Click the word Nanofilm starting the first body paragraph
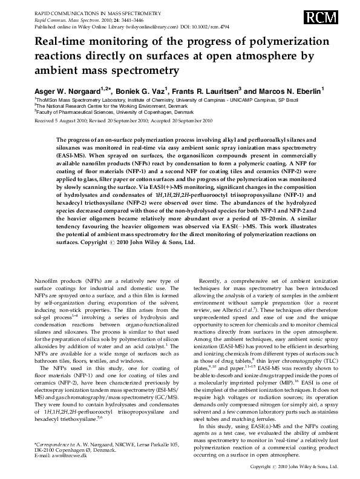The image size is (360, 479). click(48, 282)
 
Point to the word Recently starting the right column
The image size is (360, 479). click(212, 282)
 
